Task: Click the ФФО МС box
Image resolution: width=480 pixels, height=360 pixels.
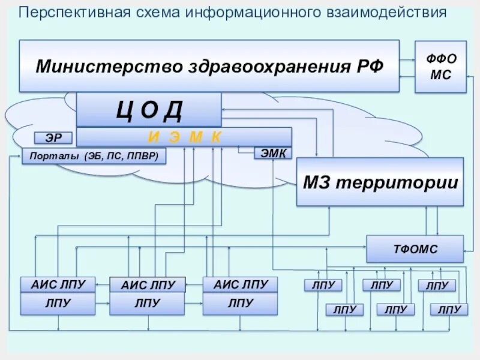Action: [x=440, y=67]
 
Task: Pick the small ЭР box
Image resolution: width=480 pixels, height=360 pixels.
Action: [x=53, y=138]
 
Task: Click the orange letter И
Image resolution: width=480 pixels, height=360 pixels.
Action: [x=154, y=137]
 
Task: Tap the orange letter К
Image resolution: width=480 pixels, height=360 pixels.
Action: [x=217, y=137]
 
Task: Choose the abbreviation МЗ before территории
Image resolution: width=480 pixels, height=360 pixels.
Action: [x=318, y=182]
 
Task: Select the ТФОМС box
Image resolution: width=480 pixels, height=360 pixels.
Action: [x=415, y=249]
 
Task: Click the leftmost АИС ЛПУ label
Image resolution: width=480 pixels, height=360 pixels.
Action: [x=58, y=284]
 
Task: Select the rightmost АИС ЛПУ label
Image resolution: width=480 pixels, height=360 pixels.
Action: [x=240, y=284]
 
